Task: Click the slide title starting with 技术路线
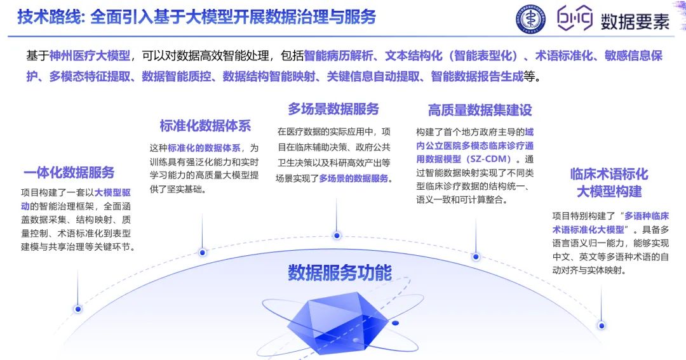(x=196, y=17)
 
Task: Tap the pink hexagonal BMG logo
(x=575, y=19)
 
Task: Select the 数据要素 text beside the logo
(x=635, y=21)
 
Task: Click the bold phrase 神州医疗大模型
(x=90, y=56)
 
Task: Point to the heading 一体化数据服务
(x=69, y=172)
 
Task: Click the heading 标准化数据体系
(x=205, y=125)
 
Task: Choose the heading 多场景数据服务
(x=333, y=109)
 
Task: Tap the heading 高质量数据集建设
(x=480, y=110)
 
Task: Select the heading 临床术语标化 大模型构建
(x=609, y=182)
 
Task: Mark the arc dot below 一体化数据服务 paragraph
(x=78, y=309)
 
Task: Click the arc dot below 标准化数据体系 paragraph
(x=203, y=252)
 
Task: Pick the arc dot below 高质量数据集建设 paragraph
(x=475, y=256)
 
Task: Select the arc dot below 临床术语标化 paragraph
(x=601, y=324)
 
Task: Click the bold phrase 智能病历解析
(x=334, y=56)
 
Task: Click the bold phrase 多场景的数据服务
(x=353, y=178)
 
